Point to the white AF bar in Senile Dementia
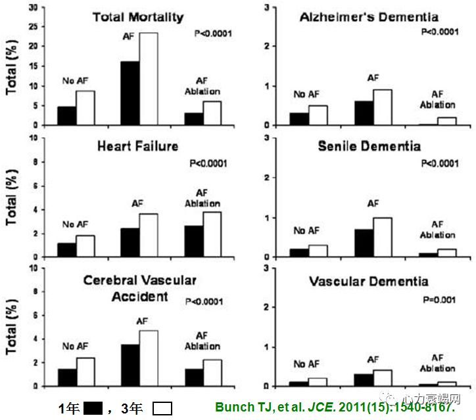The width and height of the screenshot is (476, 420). (x=383, y=237)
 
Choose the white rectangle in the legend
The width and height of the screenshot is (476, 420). (x=162, y=409)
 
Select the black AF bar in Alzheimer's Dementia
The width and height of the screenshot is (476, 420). (x=363, y=113)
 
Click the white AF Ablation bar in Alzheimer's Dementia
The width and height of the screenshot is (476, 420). (x=446, y=121)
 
